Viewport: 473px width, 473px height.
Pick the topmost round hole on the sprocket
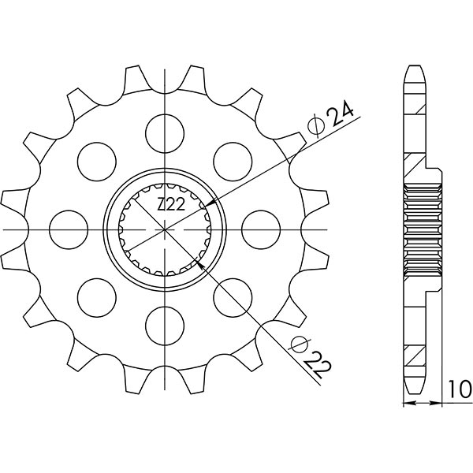click(x=165, y=131)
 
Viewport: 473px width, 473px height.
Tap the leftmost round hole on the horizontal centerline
click(x=68, y=229)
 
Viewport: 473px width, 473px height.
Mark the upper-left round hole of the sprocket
click(x=96, y=160)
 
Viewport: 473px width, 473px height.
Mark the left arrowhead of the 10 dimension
click(x=407, y=403)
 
